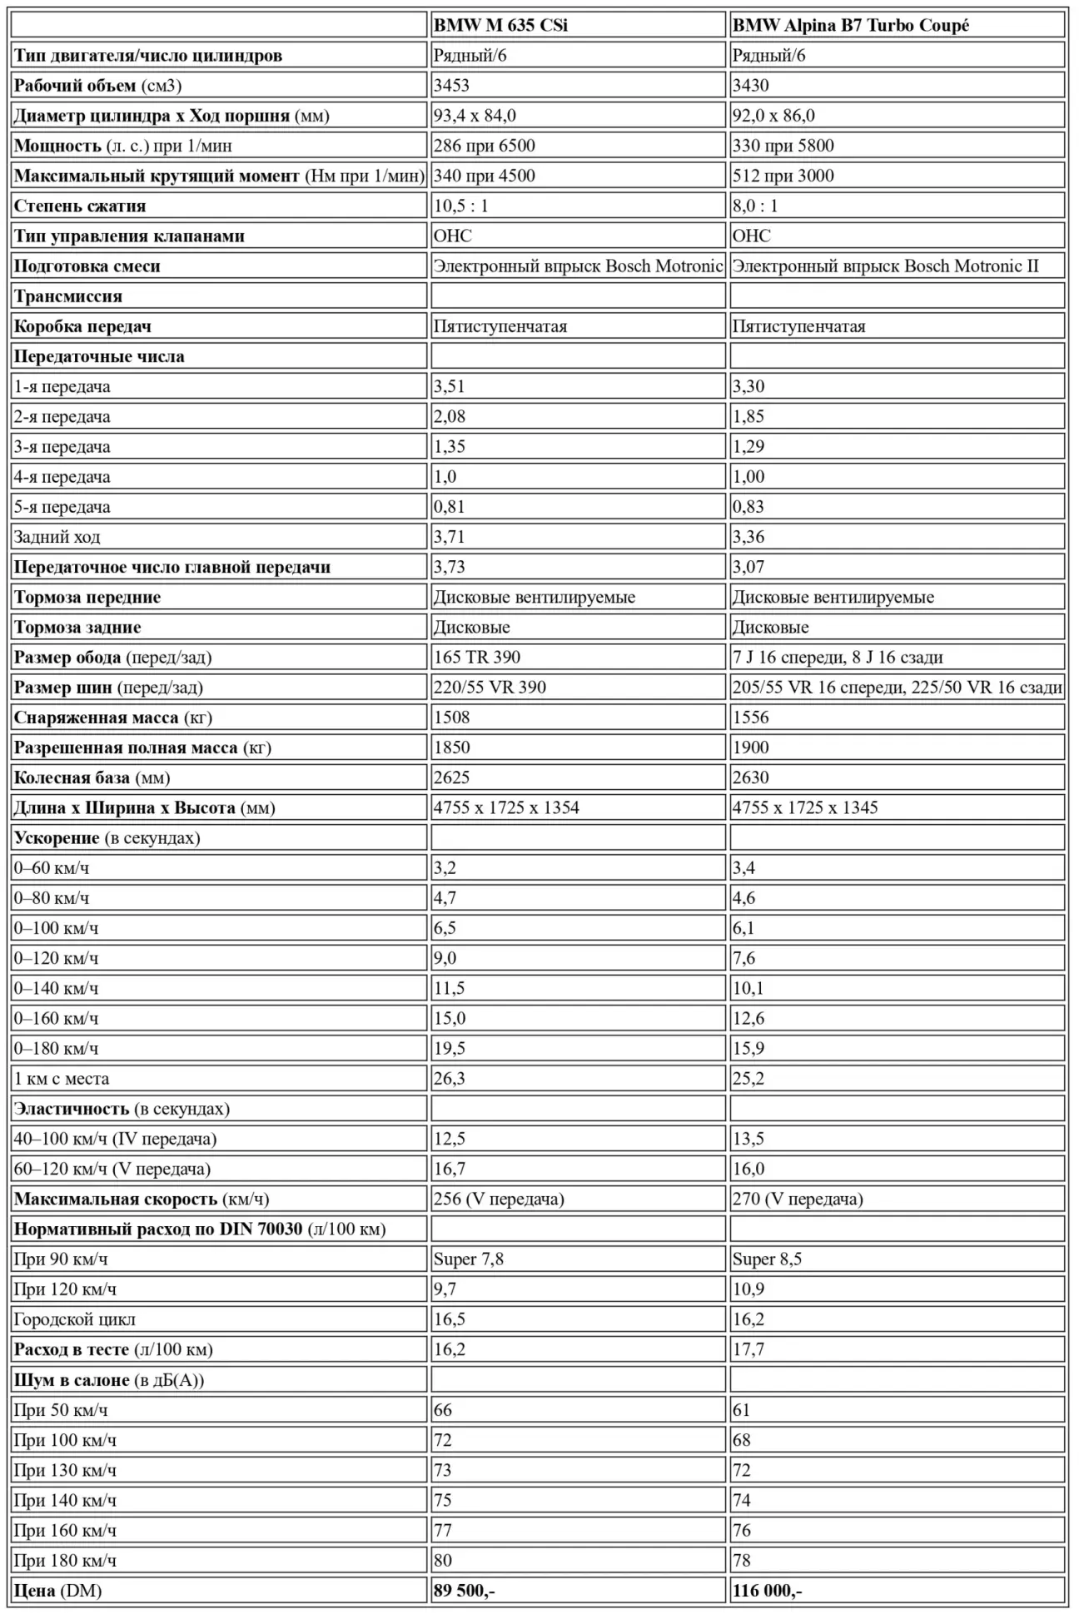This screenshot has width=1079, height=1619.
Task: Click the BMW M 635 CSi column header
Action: coord(500,25)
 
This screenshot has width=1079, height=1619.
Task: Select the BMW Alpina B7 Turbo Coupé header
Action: coord(850,25)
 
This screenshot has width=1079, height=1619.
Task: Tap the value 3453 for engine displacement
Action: coord(451,86)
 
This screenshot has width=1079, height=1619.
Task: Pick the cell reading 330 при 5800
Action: coord(783,146)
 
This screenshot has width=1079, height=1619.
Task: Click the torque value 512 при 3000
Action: coord(783,176)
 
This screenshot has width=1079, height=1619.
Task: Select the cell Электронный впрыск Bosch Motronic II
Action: coord(885,266)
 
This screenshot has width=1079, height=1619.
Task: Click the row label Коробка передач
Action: coord(82,326)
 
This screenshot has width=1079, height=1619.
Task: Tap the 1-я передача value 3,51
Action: coord(449,386)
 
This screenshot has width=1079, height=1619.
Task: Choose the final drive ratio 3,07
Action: coord(748,567)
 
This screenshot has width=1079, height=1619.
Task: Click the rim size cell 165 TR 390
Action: coord(476,657)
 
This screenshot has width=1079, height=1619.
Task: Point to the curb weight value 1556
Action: coord(750,718)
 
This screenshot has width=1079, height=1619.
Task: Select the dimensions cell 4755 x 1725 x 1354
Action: coord(506,807)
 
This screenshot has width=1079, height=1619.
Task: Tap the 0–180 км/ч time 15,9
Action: coord(748,1048)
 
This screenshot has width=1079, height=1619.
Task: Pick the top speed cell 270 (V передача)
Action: coord(797,1199)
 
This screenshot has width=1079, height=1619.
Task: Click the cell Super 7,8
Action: coord(468,1259)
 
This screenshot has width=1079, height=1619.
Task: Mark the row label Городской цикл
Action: coord(74,1319)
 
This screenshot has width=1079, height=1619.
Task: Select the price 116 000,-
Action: coord(767,1590)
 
